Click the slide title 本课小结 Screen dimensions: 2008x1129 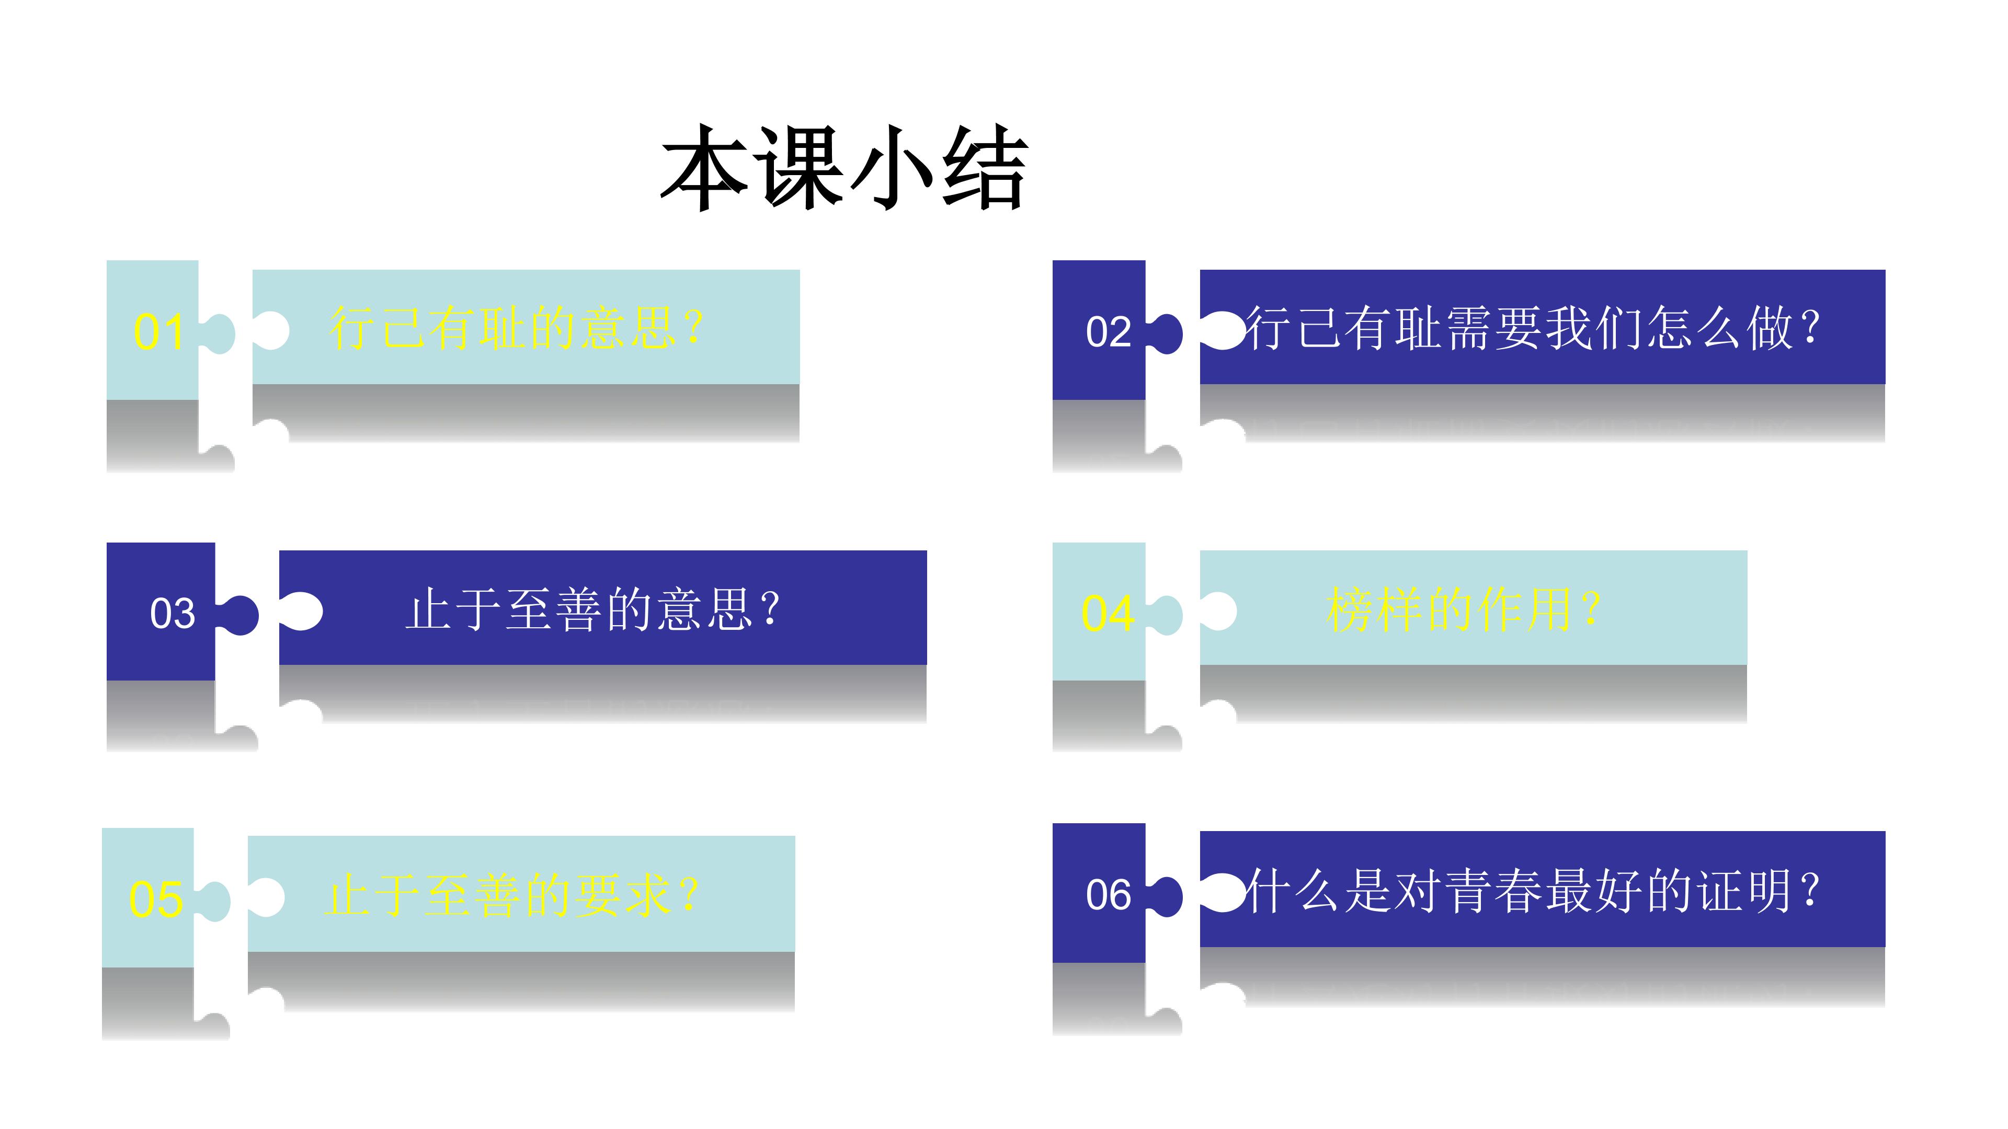(x=844, y=167)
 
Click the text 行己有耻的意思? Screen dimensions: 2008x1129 (x=516, y=328)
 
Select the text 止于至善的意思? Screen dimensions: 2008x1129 (x=592, y=609)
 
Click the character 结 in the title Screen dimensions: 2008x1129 (x=985, y=167)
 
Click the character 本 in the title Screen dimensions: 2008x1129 (x=705, y=167)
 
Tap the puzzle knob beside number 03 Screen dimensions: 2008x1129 (x=238, y=615)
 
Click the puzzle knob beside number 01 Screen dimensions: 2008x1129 (x=218, y=333)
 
